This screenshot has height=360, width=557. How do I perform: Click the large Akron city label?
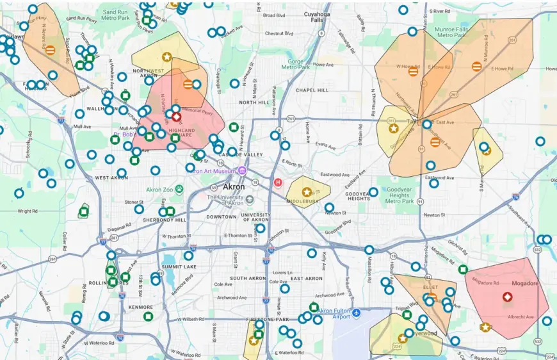click(234, 186)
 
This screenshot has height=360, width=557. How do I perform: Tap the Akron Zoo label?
click(159, 190)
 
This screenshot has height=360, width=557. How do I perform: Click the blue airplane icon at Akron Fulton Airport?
click(357, 313)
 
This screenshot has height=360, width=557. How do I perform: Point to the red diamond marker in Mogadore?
click(507, 297)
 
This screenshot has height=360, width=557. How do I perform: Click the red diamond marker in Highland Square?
click(176, 117)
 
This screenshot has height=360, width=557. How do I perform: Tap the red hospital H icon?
click(278, 183)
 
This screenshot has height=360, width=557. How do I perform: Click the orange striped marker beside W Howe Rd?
click(414, 72)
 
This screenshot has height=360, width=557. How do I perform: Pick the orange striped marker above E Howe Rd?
click(477, 66)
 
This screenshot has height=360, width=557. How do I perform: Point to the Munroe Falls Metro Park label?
click(453, 31)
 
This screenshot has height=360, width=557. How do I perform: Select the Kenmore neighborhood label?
click(141, 307)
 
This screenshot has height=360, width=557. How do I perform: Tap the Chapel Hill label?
click(312, 90)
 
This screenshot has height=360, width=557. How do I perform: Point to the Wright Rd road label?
click(28, 211)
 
